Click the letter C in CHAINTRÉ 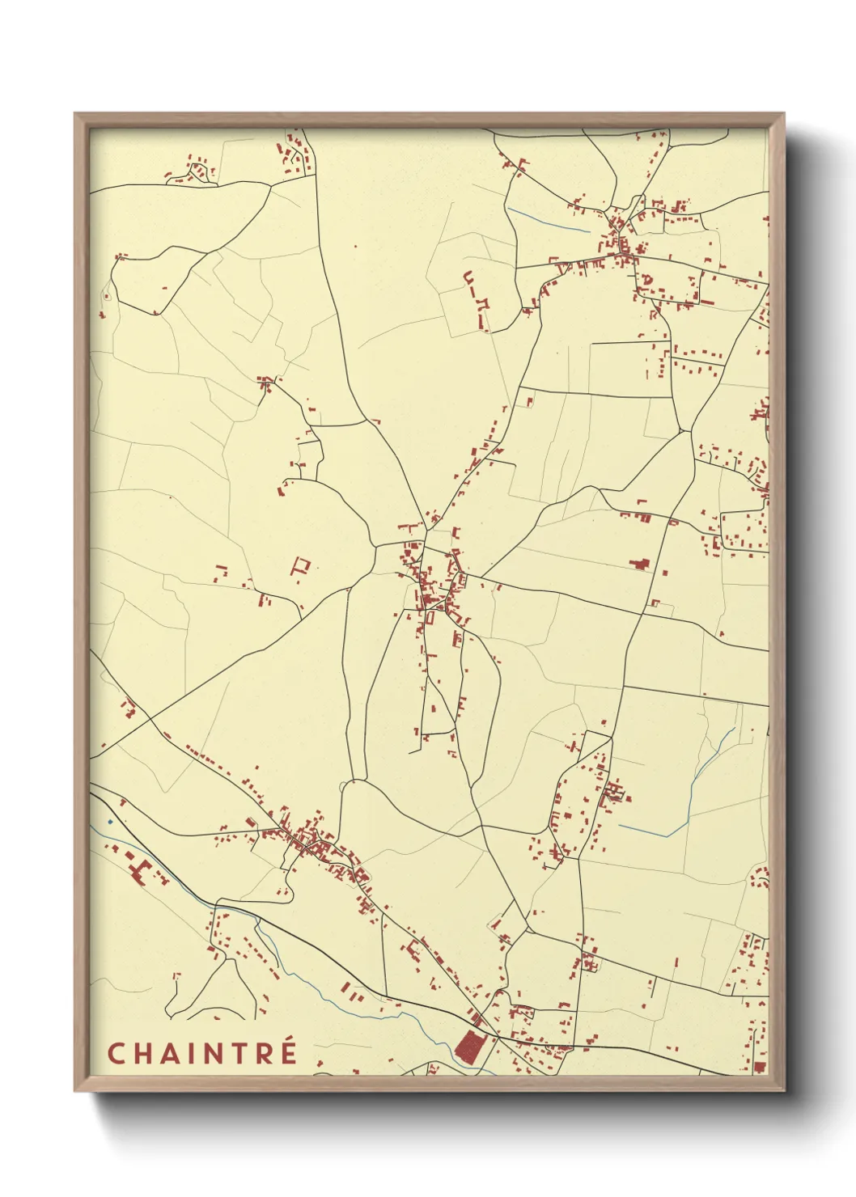(x=116, y=1053)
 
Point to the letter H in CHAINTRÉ (x=141, y=1053)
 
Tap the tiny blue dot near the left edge (x=110, y=822)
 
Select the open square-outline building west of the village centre (x=302, y=565)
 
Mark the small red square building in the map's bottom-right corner (x=758, y=1068)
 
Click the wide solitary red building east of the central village (x=641, y=565)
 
